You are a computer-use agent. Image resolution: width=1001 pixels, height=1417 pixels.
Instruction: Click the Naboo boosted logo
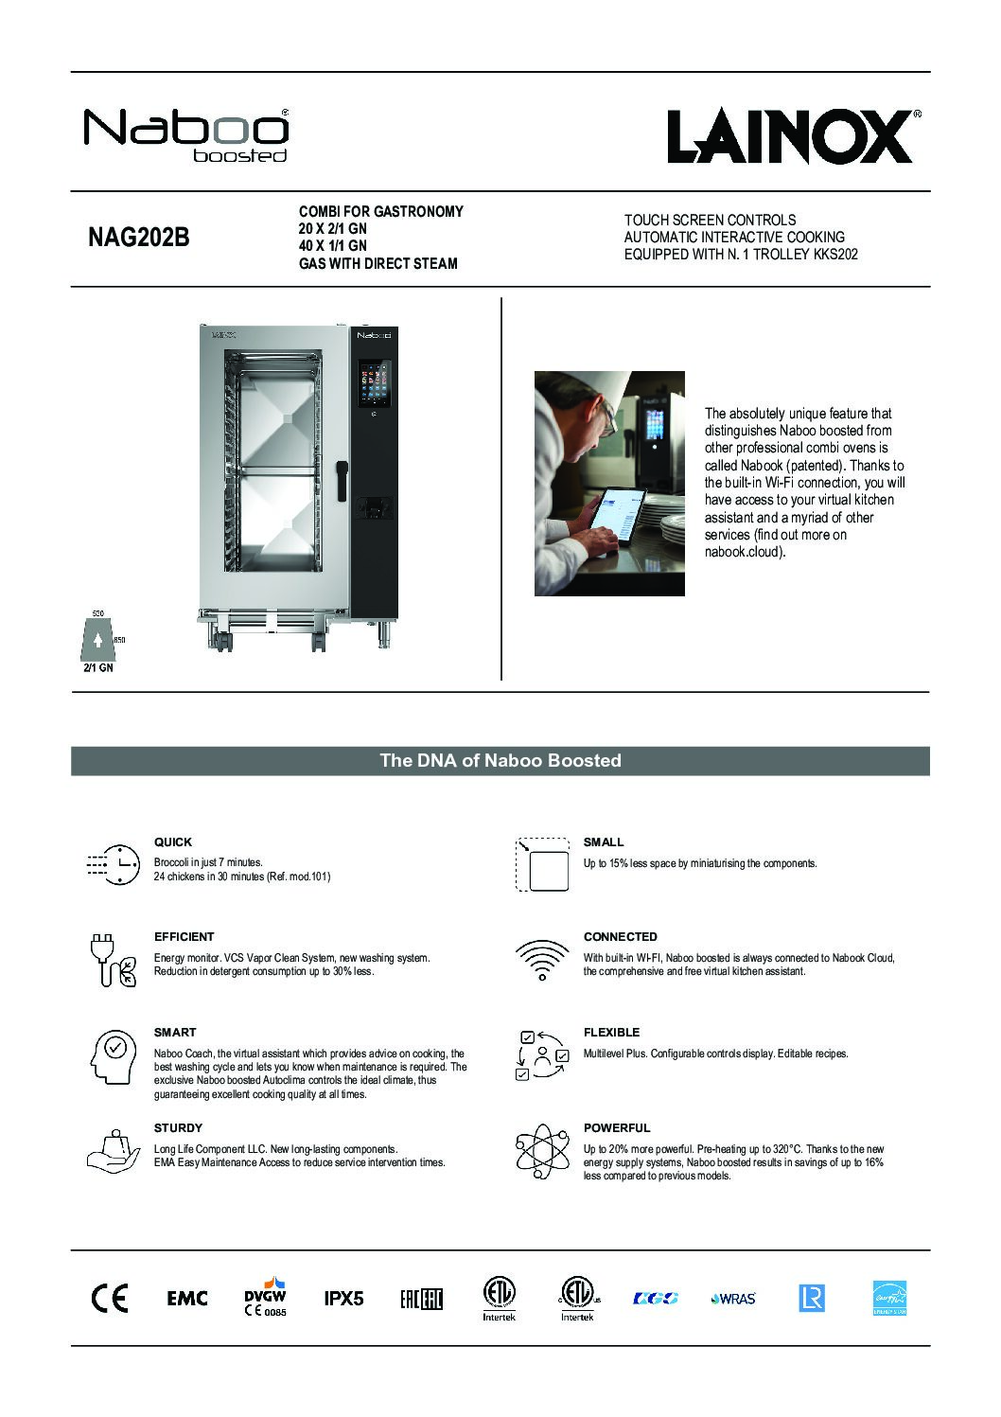[x=186, y=133]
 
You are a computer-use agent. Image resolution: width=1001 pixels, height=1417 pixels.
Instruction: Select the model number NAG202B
[x=138, y=238]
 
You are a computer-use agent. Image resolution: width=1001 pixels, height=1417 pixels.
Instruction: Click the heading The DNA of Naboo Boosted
[x=500, y=761]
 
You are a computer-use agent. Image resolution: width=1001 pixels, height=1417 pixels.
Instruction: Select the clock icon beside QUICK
[x=111, y=863]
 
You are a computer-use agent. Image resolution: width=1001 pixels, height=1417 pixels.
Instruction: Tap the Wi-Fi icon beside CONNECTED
[x=542, y=962]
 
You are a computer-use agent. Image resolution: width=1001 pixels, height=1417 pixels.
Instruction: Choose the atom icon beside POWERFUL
[x=542, y=1153]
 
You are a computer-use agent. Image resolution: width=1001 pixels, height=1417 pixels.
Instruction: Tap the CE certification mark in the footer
[x=109, y=1299]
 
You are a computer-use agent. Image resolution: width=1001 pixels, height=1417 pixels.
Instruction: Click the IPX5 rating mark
[x=343, y=1299]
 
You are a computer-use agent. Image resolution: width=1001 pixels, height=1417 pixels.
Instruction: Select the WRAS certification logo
[x=733, y=1299]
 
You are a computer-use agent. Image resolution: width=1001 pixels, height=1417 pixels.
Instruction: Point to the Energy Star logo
[x=889, y=1298]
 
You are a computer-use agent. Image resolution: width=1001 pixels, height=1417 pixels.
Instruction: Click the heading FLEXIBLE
[x=611, y=1033]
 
